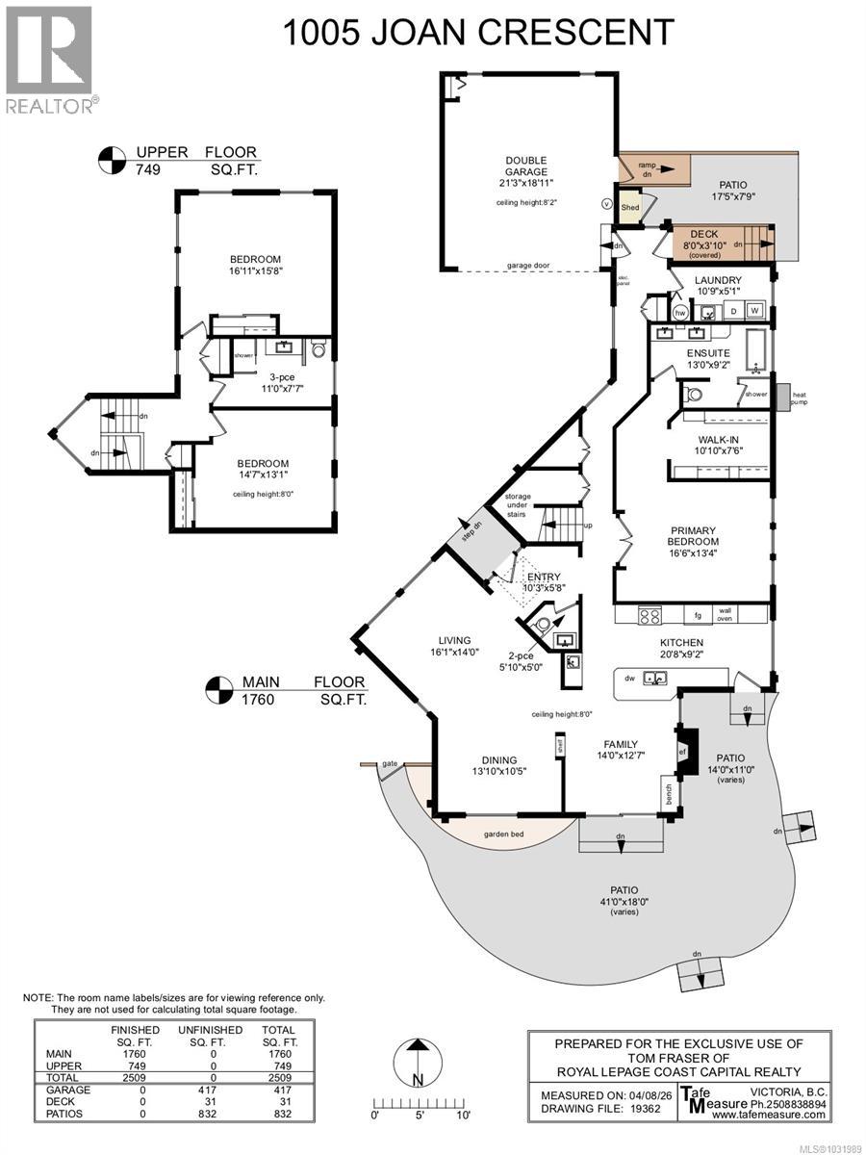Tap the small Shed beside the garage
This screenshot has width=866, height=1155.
(630, 207)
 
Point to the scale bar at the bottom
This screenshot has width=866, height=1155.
(420, 1103)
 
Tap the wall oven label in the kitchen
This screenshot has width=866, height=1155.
(724, 614)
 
